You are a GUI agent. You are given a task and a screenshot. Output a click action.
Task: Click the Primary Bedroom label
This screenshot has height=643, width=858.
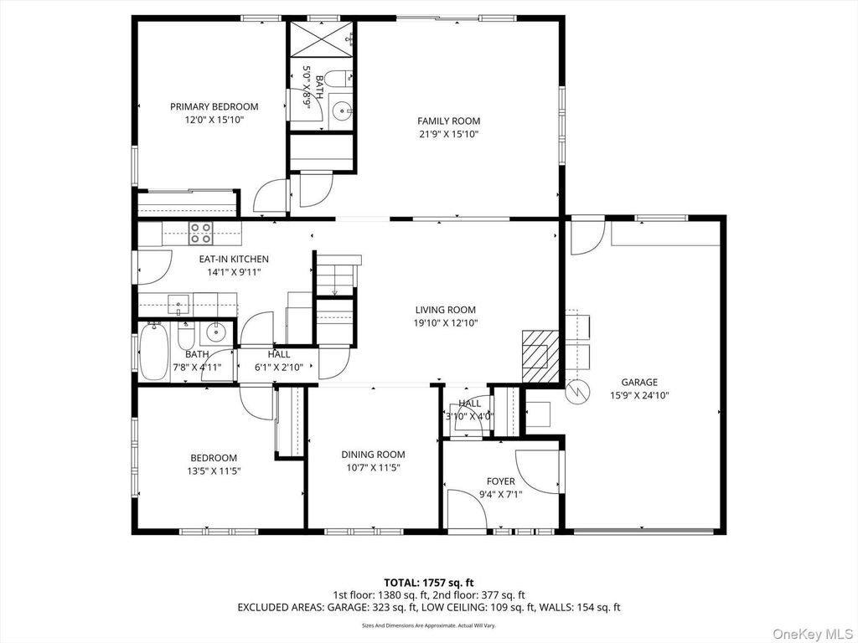point(214,106)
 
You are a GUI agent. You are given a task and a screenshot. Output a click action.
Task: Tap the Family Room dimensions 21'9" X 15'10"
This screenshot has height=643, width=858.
point(449,134)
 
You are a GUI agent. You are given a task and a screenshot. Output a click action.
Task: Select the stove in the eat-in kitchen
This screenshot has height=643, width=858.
point(201,233)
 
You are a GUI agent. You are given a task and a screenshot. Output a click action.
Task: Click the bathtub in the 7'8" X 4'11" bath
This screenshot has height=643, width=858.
point(154,352)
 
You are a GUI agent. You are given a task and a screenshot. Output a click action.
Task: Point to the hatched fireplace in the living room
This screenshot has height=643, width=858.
point(540,356)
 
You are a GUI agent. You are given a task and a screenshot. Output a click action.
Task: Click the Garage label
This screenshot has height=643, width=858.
point(639,382)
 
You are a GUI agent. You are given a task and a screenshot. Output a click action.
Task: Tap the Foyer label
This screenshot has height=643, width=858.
point(501,481)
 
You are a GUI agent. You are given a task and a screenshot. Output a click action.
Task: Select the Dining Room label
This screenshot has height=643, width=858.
point(373,455)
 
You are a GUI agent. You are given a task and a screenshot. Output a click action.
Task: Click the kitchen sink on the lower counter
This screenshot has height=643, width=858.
point(179,305)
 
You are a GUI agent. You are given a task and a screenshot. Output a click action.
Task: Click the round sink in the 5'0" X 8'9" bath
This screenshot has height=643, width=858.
point(343,111)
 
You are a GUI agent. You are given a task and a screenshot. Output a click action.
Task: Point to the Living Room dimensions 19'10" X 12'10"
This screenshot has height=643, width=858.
point(446,323)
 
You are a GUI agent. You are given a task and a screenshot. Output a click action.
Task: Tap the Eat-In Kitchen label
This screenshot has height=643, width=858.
point(234,260)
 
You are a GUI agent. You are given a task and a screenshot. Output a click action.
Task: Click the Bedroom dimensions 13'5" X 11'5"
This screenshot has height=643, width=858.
point(214,471)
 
